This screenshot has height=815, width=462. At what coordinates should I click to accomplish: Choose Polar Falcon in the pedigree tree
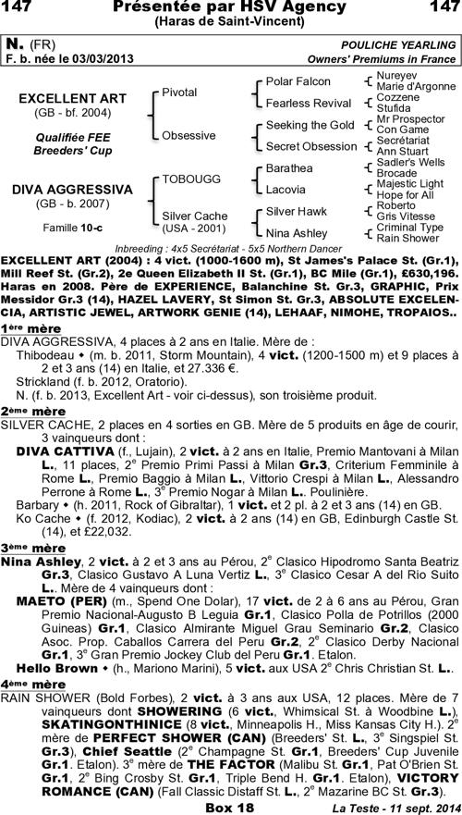[x=298, y=81]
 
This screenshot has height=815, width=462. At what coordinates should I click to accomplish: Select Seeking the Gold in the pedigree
[x=310, y=125]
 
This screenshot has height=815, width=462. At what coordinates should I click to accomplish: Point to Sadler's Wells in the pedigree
[x=411, y=161]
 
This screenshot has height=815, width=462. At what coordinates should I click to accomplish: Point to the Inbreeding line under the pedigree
[x=228, y=250]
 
